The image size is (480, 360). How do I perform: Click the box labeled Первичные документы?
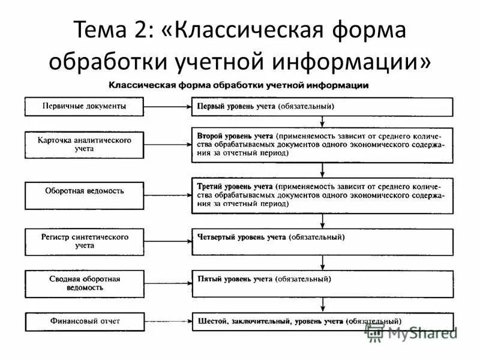pyautogui.click(x=84, y=106)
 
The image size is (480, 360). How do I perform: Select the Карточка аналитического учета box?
pyautogui.click(x=84, y=145)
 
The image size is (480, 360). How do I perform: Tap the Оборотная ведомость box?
pyautogui.click(x=84, y=195)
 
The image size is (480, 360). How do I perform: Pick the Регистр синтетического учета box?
pyautogui.click(x=84, y=241)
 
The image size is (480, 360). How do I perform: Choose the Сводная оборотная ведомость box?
pyautogui.click(x=84, y=283)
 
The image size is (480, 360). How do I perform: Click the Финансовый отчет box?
pyautogui.click(x=84, y=321)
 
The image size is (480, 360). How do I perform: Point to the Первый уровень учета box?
pyautogui.click(x=323, y=106)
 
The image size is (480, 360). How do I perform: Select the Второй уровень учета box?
pyautogui.click(x=323, y=145)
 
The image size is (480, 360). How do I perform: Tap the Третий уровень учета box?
pyautogui.click(x=323, y=195)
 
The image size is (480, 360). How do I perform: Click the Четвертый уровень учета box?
pyautogui.click(x=323, y=241)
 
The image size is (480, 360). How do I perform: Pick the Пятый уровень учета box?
pyautogui.click(x=323, y=283)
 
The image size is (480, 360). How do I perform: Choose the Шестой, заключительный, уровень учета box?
pyautogui.click(x=323, y=321)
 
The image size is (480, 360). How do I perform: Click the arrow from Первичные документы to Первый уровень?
pyautogui.click(x=168, y=107)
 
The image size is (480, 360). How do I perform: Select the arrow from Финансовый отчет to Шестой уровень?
pyautogui.click(x=168, y=322)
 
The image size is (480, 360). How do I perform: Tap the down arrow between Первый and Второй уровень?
pyautogui.click(x=323, y=121)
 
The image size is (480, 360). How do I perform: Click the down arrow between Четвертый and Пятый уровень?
pyautogui.click(x=323, y=262)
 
